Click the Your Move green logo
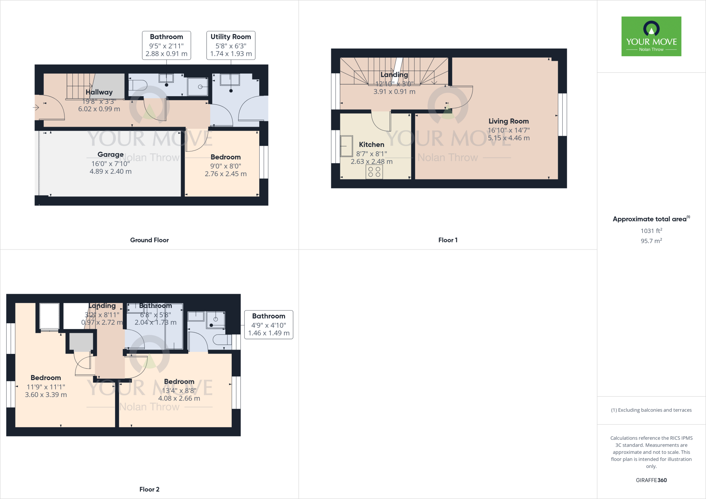(x=651, y=36)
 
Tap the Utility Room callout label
(x=231, y=45)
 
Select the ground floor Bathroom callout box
(x=167, y=45)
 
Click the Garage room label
(x=110, y=155)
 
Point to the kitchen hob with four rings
(x=374, y=172)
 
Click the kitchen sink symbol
(x=346, y=146)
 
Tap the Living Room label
(x=508, y=121)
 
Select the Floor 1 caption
(x=448, y=240)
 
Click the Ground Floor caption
(x=149, y=240)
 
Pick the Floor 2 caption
(x=149, y=489)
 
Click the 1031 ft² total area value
(x=651, y=231)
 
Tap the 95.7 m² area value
(x=651, y=241)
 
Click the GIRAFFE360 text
(x=651, y=480)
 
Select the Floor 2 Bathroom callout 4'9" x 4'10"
(x=269, y=325)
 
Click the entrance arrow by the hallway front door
(x=36, y=108)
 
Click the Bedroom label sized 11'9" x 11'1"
(x=46, y=378)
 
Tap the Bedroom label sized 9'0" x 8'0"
(x=225, y=157)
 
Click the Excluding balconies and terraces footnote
(x=651, y=410)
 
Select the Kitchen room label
(x=371, y=145)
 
